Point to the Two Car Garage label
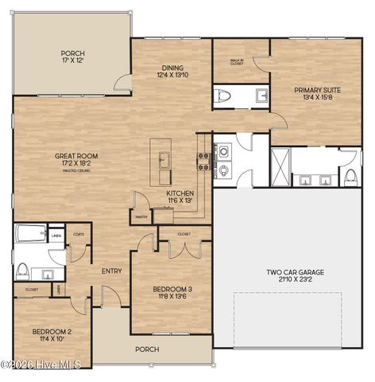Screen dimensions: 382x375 point(295,275)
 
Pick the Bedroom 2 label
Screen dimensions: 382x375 point(52,334)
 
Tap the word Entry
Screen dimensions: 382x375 point(111,271)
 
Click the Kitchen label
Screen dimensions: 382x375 point(179,197)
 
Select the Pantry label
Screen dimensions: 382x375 point(141,216)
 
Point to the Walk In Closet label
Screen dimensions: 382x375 point(237,63)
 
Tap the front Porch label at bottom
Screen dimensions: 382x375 point(146,349)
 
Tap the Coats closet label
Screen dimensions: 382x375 point(78,235)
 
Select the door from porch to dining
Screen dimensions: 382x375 point(122,82)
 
